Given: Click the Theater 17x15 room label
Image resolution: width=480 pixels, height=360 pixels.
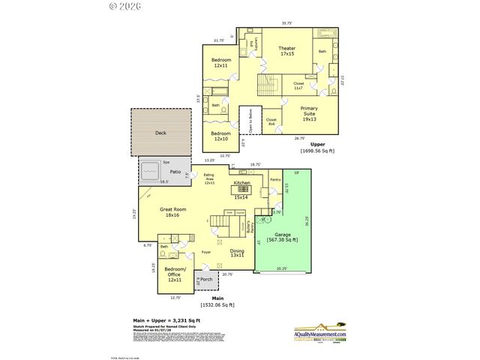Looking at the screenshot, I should [x=266, y=51].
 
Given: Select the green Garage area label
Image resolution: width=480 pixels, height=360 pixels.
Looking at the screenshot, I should [x=283, y=238].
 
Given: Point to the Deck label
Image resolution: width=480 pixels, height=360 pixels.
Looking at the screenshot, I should [x=160, y=133].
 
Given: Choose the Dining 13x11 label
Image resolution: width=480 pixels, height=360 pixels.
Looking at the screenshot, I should [x=237, y=253].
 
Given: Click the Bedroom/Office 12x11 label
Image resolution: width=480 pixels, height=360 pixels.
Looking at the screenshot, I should [x=175, y=276].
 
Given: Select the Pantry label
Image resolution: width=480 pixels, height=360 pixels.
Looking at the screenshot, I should [x=274, y=179].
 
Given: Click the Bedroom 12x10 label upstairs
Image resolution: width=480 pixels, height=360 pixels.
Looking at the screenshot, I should [x=220, y=136].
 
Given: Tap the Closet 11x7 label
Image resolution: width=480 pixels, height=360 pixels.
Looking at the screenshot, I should [x=298, y=85].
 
